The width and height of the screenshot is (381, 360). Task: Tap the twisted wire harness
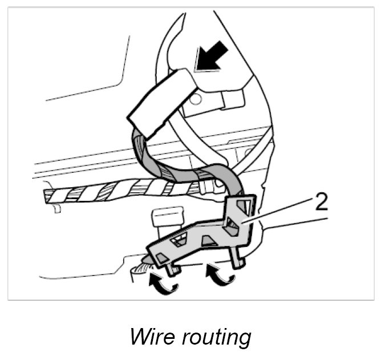tap(114, 192)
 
